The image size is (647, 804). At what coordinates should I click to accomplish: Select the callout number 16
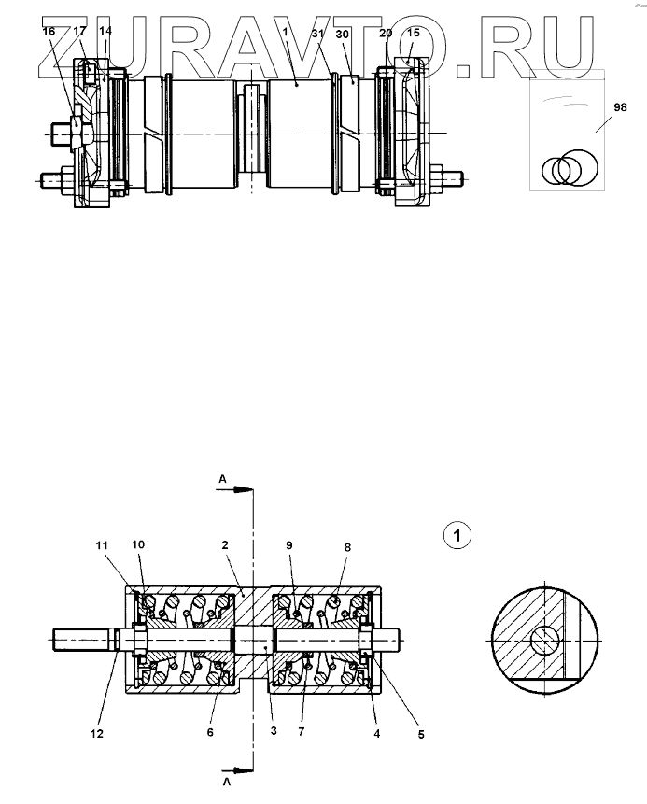click(49, 31)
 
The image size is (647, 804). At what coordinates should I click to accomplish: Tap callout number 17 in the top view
click(79, 31)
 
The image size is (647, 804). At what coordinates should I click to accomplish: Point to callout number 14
click(105, 31)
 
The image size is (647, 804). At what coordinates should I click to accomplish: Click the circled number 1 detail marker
click(457, 535)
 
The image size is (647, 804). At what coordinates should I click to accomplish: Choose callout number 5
click(421, 735)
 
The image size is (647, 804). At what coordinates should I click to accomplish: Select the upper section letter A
click(222, 478)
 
